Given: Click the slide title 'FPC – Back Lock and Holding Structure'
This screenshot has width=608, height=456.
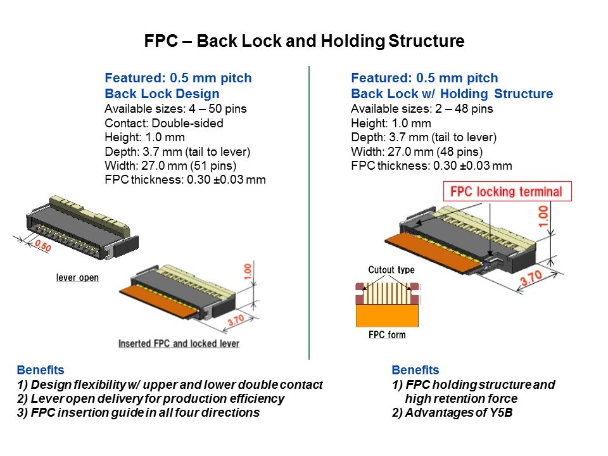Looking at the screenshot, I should (304, 42).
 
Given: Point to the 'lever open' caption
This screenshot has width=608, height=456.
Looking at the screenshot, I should (77, 278).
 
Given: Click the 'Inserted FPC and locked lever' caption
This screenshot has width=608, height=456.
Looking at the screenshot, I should (179, 343).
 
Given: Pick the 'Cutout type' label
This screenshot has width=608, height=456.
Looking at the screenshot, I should (391, 270).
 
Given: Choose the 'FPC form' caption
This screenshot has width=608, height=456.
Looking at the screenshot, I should (387, 334).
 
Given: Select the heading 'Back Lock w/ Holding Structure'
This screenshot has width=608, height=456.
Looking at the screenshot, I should (452, 94).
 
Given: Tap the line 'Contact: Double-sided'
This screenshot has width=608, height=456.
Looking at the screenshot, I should (163, 123).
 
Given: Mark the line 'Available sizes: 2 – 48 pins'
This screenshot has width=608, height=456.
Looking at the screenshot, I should (422, 108).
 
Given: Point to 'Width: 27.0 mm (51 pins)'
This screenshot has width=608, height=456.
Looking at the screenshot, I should (170, 165).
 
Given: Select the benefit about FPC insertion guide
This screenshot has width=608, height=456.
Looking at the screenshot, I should (138, 412).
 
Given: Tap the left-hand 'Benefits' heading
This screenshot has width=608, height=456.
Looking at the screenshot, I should (41, 370).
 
